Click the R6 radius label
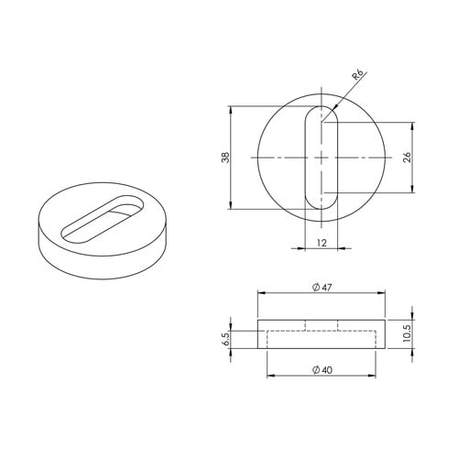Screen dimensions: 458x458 point(358,75)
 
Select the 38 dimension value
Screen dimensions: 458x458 point(225,158)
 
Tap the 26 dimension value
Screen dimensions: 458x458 point(408,157)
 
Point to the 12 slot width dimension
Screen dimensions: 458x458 point(322,243)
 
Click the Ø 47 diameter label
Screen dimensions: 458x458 point(322,288)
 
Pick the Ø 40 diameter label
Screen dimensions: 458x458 point(322,370)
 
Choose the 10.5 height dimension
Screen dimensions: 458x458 point(408,333)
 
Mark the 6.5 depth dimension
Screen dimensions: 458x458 point(226,339)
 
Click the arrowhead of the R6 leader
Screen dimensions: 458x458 point(335,106)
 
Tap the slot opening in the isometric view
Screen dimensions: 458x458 point(103,219)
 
